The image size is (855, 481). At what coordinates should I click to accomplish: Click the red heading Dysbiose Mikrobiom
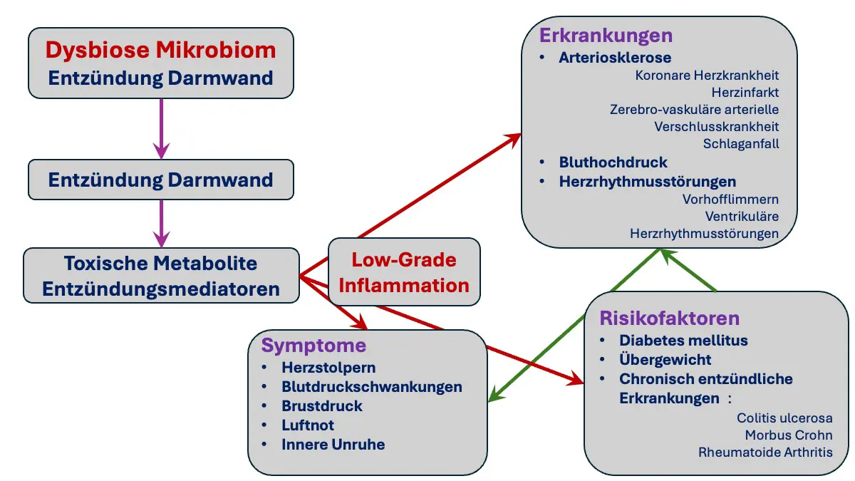tap(161, 50)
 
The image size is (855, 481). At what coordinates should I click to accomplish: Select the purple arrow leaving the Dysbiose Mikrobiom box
tap(162, 129)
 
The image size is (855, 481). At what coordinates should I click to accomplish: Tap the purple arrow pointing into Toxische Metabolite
tap(162, 223)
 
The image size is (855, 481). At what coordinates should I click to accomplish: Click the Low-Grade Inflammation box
tap(404, 271)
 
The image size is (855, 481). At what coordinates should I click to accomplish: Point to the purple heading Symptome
tap(313, 346)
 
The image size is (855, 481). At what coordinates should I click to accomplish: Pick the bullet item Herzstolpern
tap(328, 368)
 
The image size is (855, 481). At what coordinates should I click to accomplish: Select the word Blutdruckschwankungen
tap(372, 387)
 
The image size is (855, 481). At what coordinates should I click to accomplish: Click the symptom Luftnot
tap(308, 425)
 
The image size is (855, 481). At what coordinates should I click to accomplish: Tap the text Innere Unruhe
tap(333, 445)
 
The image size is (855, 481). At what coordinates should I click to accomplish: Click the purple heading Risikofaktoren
tap(670, 318)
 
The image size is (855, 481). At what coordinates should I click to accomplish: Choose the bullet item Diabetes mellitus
tap(683, 341)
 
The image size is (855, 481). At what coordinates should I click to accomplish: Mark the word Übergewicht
tap(665, 359)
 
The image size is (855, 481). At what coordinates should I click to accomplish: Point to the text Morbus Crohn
tap(789, 435)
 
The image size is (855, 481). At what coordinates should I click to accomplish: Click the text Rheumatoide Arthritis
tap(765, 452)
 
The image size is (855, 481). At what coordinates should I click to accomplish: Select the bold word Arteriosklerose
tap(615, 58)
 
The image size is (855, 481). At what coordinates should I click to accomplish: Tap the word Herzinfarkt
tap(745, 93)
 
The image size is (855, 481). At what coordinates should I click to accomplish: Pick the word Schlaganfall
tap(741, 144)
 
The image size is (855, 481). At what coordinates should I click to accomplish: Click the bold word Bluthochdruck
tap(613, 162)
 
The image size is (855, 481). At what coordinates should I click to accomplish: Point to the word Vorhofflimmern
tap(730, 200)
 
